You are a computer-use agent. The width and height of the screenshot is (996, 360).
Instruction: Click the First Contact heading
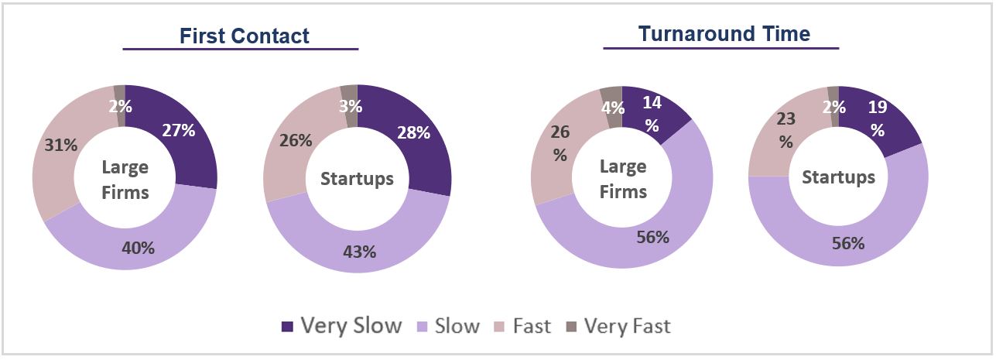coord(244,36)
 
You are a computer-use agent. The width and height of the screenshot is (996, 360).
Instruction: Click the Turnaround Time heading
coord(724,34)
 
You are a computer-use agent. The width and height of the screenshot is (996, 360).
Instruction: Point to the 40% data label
coord(139,248)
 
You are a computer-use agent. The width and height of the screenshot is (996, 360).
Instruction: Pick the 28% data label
coord(414,132)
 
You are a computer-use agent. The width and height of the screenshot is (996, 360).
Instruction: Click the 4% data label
coord(611,108)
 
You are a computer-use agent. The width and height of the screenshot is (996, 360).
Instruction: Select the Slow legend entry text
coord(457,327)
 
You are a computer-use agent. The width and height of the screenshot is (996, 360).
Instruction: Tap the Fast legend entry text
coord(532,327)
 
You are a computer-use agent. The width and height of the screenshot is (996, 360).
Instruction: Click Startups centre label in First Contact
coord(357,179)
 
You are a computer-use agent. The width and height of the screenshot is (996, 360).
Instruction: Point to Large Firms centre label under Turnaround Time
coord(623,179)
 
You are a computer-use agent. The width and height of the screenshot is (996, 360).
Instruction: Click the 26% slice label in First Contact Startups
coord(296,140)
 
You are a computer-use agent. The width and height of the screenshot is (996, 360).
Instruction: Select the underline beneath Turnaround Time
coord(721,49)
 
